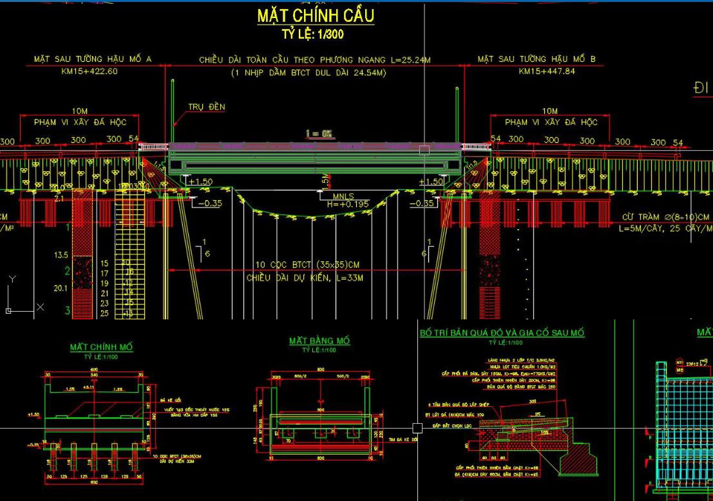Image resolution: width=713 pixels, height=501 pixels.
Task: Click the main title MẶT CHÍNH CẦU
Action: [x=316, y=15]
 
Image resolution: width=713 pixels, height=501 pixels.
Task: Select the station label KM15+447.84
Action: [x=547, y=71]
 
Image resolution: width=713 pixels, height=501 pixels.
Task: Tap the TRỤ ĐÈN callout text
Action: [x=207, y=107]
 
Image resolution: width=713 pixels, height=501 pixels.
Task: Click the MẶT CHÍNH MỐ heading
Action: [x=101, y=347]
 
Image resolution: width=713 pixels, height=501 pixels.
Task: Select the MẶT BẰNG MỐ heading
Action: [x=319, y=341]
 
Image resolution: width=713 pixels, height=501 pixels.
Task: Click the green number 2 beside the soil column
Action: [x=66, y=270]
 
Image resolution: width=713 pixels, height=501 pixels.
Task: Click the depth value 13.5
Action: [x=60, y=256]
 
